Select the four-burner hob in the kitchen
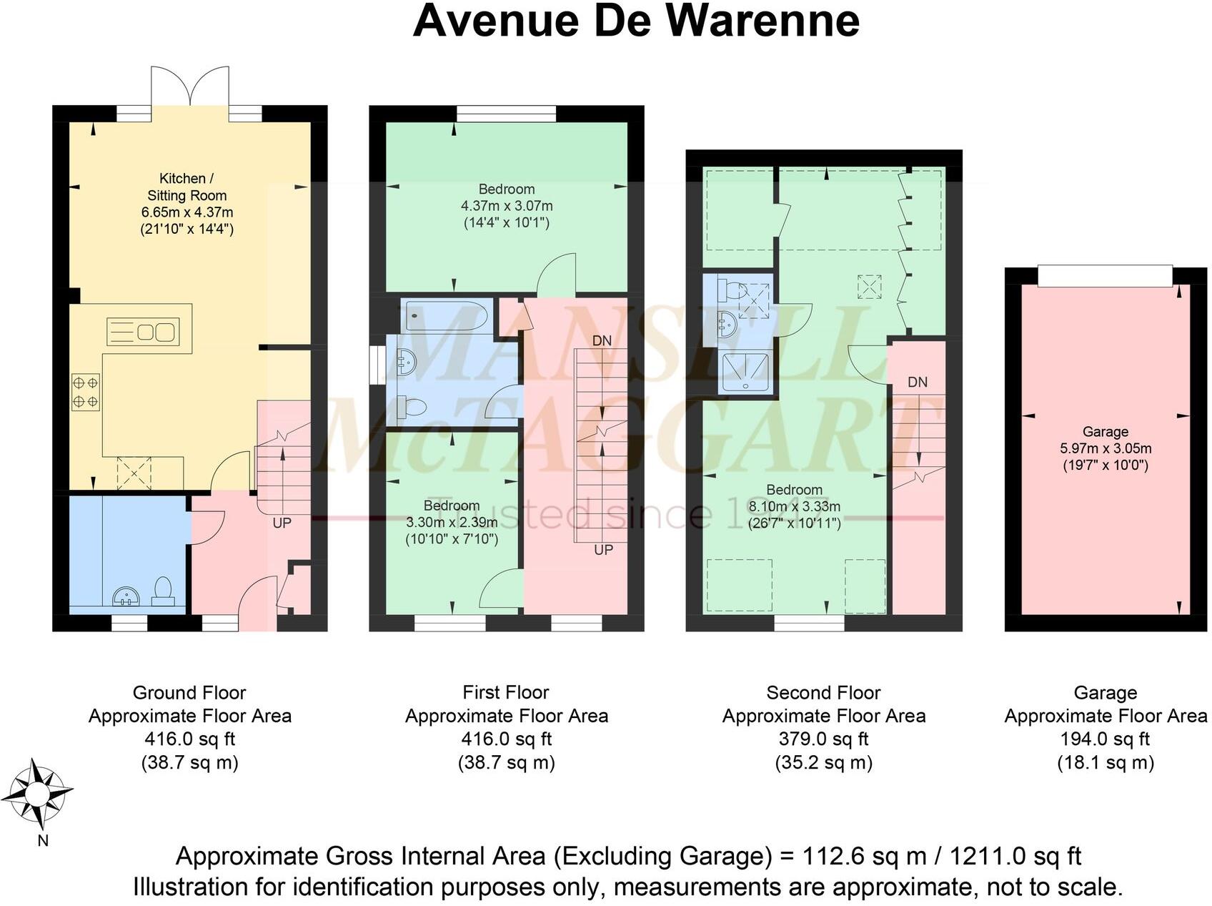coord(85,393)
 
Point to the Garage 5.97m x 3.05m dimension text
coord(1106,449)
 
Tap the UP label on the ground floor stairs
coord(282,523)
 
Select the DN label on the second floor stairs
coord(918,382)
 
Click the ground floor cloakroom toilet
coord(164,591)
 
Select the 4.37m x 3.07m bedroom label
coord(507,206)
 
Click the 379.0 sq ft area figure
coord(823,739)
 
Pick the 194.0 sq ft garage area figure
coord(1105,739)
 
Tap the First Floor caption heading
coord(505,692)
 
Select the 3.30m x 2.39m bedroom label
coord(452,522)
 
